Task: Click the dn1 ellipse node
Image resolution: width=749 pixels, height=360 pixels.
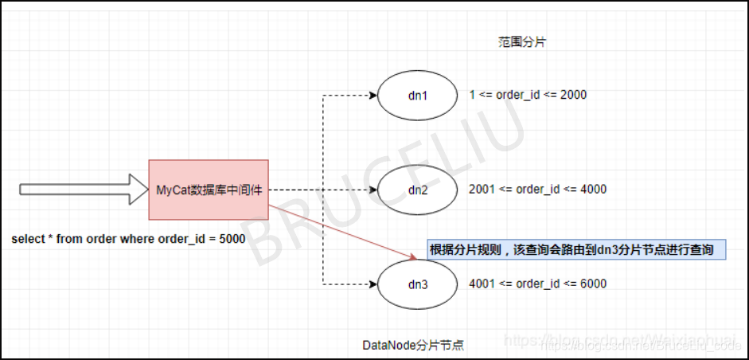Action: (x=418, y=96)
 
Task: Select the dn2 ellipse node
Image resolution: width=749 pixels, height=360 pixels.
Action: (x=418, y=190)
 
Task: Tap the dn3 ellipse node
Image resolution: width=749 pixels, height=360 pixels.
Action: (x=418, y=284)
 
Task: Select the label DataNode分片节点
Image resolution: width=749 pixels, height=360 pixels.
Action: (x=413, y=345)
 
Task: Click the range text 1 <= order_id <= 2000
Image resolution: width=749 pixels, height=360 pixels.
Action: (x=529, y=95)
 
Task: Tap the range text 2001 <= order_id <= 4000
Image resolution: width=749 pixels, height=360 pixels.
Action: (x=538, y=190)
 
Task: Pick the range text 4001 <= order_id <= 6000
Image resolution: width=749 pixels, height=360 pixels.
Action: (x=538, y=284)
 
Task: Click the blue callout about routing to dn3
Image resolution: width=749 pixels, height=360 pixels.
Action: (x=576, y=249)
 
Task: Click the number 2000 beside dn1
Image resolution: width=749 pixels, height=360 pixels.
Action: (x=573, y=95)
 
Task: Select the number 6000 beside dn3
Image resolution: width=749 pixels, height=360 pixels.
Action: (x=593, y=284)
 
